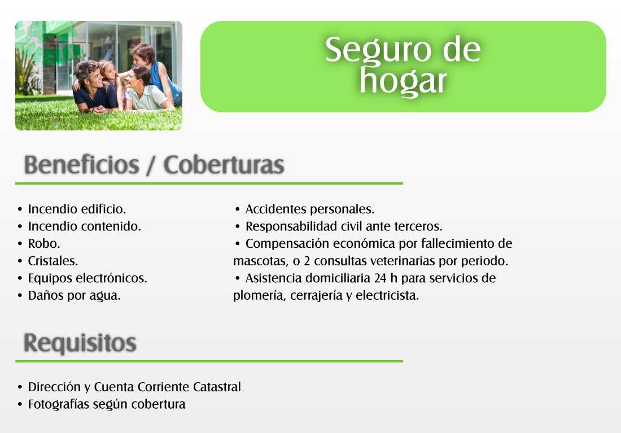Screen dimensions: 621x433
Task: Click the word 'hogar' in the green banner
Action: [x=403, y=82]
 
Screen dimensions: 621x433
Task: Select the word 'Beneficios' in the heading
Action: [x=82, y=164]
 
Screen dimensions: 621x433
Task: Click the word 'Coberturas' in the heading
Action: [x=224, y=164]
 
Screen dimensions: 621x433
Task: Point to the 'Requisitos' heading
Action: [x=80, y=343]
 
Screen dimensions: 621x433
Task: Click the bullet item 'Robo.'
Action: [x=44, y=244]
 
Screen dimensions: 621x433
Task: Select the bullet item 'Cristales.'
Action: [x=53, y=261]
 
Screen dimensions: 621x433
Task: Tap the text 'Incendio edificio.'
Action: [x=77, y=209]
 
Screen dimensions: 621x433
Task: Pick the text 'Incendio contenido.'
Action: [x=84, y=226]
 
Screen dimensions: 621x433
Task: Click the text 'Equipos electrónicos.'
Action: [x=88, y=278]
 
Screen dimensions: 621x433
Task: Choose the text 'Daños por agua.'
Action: [x=74, y=295]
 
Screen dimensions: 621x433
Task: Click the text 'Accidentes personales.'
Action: [x=310, y=209]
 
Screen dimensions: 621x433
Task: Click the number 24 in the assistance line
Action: [x=380, y=278]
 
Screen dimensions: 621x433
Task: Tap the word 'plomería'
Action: [x=260, y=296]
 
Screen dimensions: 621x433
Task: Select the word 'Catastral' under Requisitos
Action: [x=217, y=387]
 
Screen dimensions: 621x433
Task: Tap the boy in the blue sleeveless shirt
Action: [x=155, y=74]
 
